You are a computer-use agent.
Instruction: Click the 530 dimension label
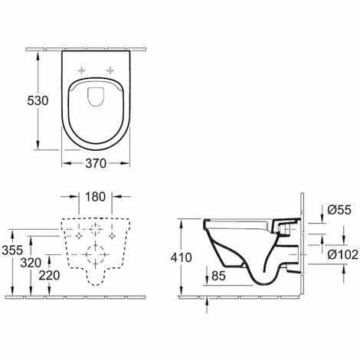tap(38, 101)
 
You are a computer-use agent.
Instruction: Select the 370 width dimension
tap(96, 163)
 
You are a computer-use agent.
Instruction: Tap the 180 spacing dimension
tap(95, 197)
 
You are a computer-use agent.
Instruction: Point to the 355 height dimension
tap(12, 250)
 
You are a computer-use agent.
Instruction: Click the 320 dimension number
tap(31, 263)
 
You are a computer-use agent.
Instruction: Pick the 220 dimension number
tap(49, 276)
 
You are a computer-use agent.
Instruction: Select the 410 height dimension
tap(182, 257)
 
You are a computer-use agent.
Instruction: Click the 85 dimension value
tap(218, 276)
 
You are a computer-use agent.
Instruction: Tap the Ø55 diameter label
tap(339, 210)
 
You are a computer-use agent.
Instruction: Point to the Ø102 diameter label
tap(342, 254)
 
